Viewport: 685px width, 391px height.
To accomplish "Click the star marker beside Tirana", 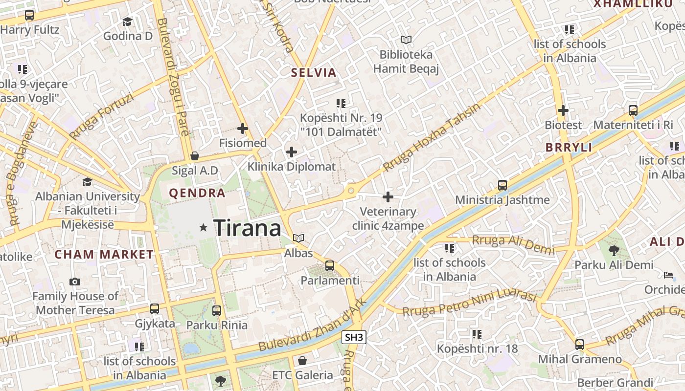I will coord(204,227).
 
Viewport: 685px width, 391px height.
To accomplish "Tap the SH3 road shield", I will coord(354,337).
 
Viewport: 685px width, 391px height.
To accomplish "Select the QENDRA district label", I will coord(197,193).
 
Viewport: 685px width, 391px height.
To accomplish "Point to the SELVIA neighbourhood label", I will coord(314,73).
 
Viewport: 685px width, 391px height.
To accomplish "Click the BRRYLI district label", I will coord(569,147).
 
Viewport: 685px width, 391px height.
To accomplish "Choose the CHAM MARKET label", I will coord(104,254).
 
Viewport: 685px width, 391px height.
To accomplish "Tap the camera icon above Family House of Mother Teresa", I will coord(75,282).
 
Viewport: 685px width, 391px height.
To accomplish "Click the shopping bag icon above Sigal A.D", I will coord(195,156).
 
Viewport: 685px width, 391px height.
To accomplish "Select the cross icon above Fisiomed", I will coord(242,129).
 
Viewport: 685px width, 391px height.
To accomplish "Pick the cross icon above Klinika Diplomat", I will coord(292,152).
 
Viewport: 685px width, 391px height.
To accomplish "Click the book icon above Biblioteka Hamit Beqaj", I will coord(406,40).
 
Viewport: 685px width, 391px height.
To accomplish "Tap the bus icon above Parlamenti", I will coord(330,266).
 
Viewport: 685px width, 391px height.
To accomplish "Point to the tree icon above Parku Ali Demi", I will coord(614,251).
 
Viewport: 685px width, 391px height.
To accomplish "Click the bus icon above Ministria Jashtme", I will coord(502,185).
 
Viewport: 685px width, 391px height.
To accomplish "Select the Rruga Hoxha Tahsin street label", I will coord(432,138).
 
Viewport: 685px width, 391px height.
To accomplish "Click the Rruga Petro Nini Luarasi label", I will coord(470,303).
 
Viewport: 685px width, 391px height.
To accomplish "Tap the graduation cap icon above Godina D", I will coord(127,22).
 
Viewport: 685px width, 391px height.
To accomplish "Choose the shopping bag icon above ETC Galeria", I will coord(302,361).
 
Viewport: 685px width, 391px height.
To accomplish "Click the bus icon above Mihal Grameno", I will coord(580,345).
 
